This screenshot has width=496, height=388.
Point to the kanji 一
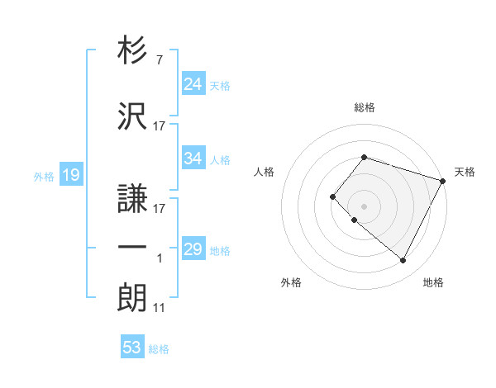133,247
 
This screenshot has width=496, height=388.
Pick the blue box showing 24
193,83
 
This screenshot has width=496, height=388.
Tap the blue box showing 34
193,159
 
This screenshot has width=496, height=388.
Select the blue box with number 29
193,249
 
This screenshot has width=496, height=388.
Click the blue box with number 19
69,174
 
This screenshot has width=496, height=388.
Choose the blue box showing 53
131,348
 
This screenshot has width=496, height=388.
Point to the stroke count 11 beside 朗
159,308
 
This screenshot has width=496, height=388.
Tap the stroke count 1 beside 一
160,259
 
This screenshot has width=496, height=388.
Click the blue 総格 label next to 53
159,349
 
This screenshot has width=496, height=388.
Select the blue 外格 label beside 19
44,176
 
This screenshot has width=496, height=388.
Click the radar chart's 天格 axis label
465,172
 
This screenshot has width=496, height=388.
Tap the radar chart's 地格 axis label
433,282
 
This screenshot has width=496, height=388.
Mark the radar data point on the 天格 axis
443,180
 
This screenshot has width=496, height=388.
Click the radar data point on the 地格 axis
403,261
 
